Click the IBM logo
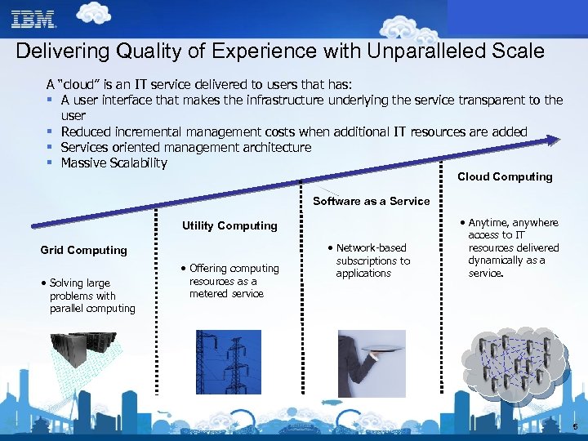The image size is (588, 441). [33, 19]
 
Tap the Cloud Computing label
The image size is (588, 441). [505, 177]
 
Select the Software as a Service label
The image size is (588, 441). [372, 201]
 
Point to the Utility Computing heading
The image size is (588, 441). [229, 226]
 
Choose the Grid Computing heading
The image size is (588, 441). [84, 251]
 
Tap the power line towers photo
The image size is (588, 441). [228, 362]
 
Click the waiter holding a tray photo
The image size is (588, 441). [372, 363]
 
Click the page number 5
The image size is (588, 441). [575, 427]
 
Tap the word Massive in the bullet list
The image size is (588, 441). [83, 163]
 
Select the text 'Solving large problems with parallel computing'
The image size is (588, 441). [91, 296]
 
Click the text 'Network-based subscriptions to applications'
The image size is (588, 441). [372, 261]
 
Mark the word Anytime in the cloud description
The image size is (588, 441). [490, 223]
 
